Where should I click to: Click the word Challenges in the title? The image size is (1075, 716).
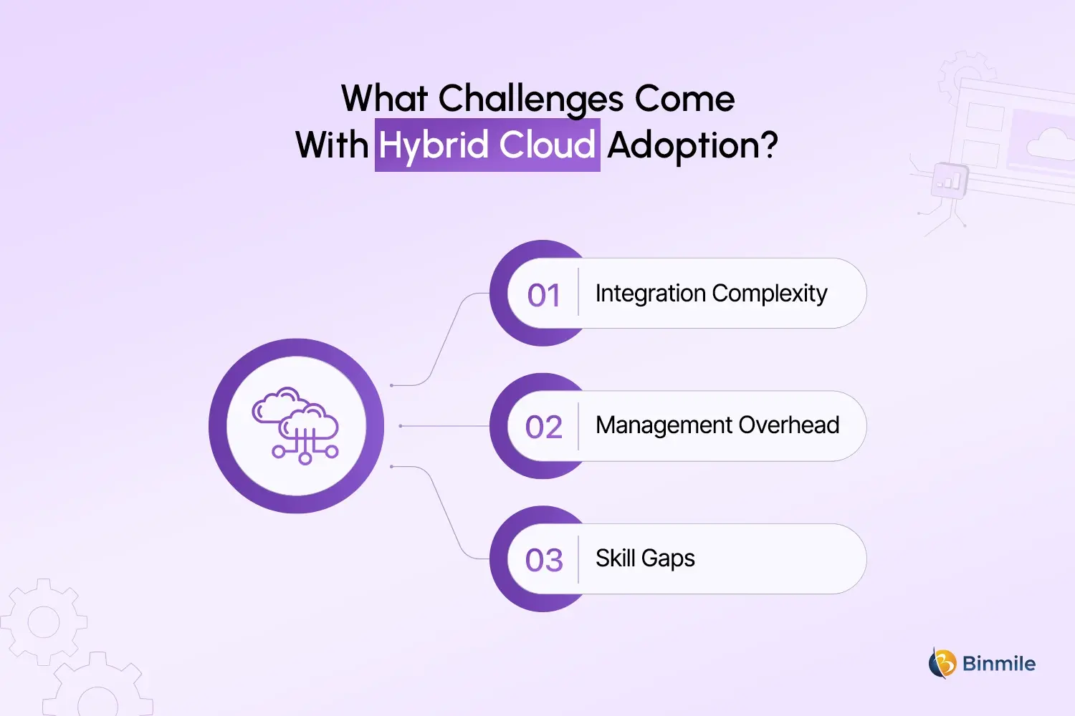[530, 100]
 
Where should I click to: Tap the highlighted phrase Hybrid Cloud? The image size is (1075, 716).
[487, 145]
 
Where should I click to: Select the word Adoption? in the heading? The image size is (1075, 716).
[692, 145]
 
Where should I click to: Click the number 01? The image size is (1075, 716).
[544, 295]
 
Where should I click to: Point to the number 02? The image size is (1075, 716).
[544, 427]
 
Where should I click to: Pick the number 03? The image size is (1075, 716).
[544, 560]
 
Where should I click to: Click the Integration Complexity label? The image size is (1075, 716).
[711, 294]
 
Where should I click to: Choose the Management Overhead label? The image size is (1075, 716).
[717, 425]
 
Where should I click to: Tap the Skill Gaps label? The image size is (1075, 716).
[645, 558]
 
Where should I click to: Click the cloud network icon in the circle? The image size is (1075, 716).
[296, 426]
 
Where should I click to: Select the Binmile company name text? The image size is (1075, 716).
[998, 664]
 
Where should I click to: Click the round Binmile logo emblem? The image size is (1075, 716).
[942, 663]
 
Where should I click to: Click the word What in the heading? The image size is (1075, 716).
[384, 100]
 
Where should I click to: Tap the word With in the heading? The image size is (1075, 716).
[332, 145]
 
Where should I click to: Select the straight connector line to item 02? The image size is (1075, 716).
[444, 426]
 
